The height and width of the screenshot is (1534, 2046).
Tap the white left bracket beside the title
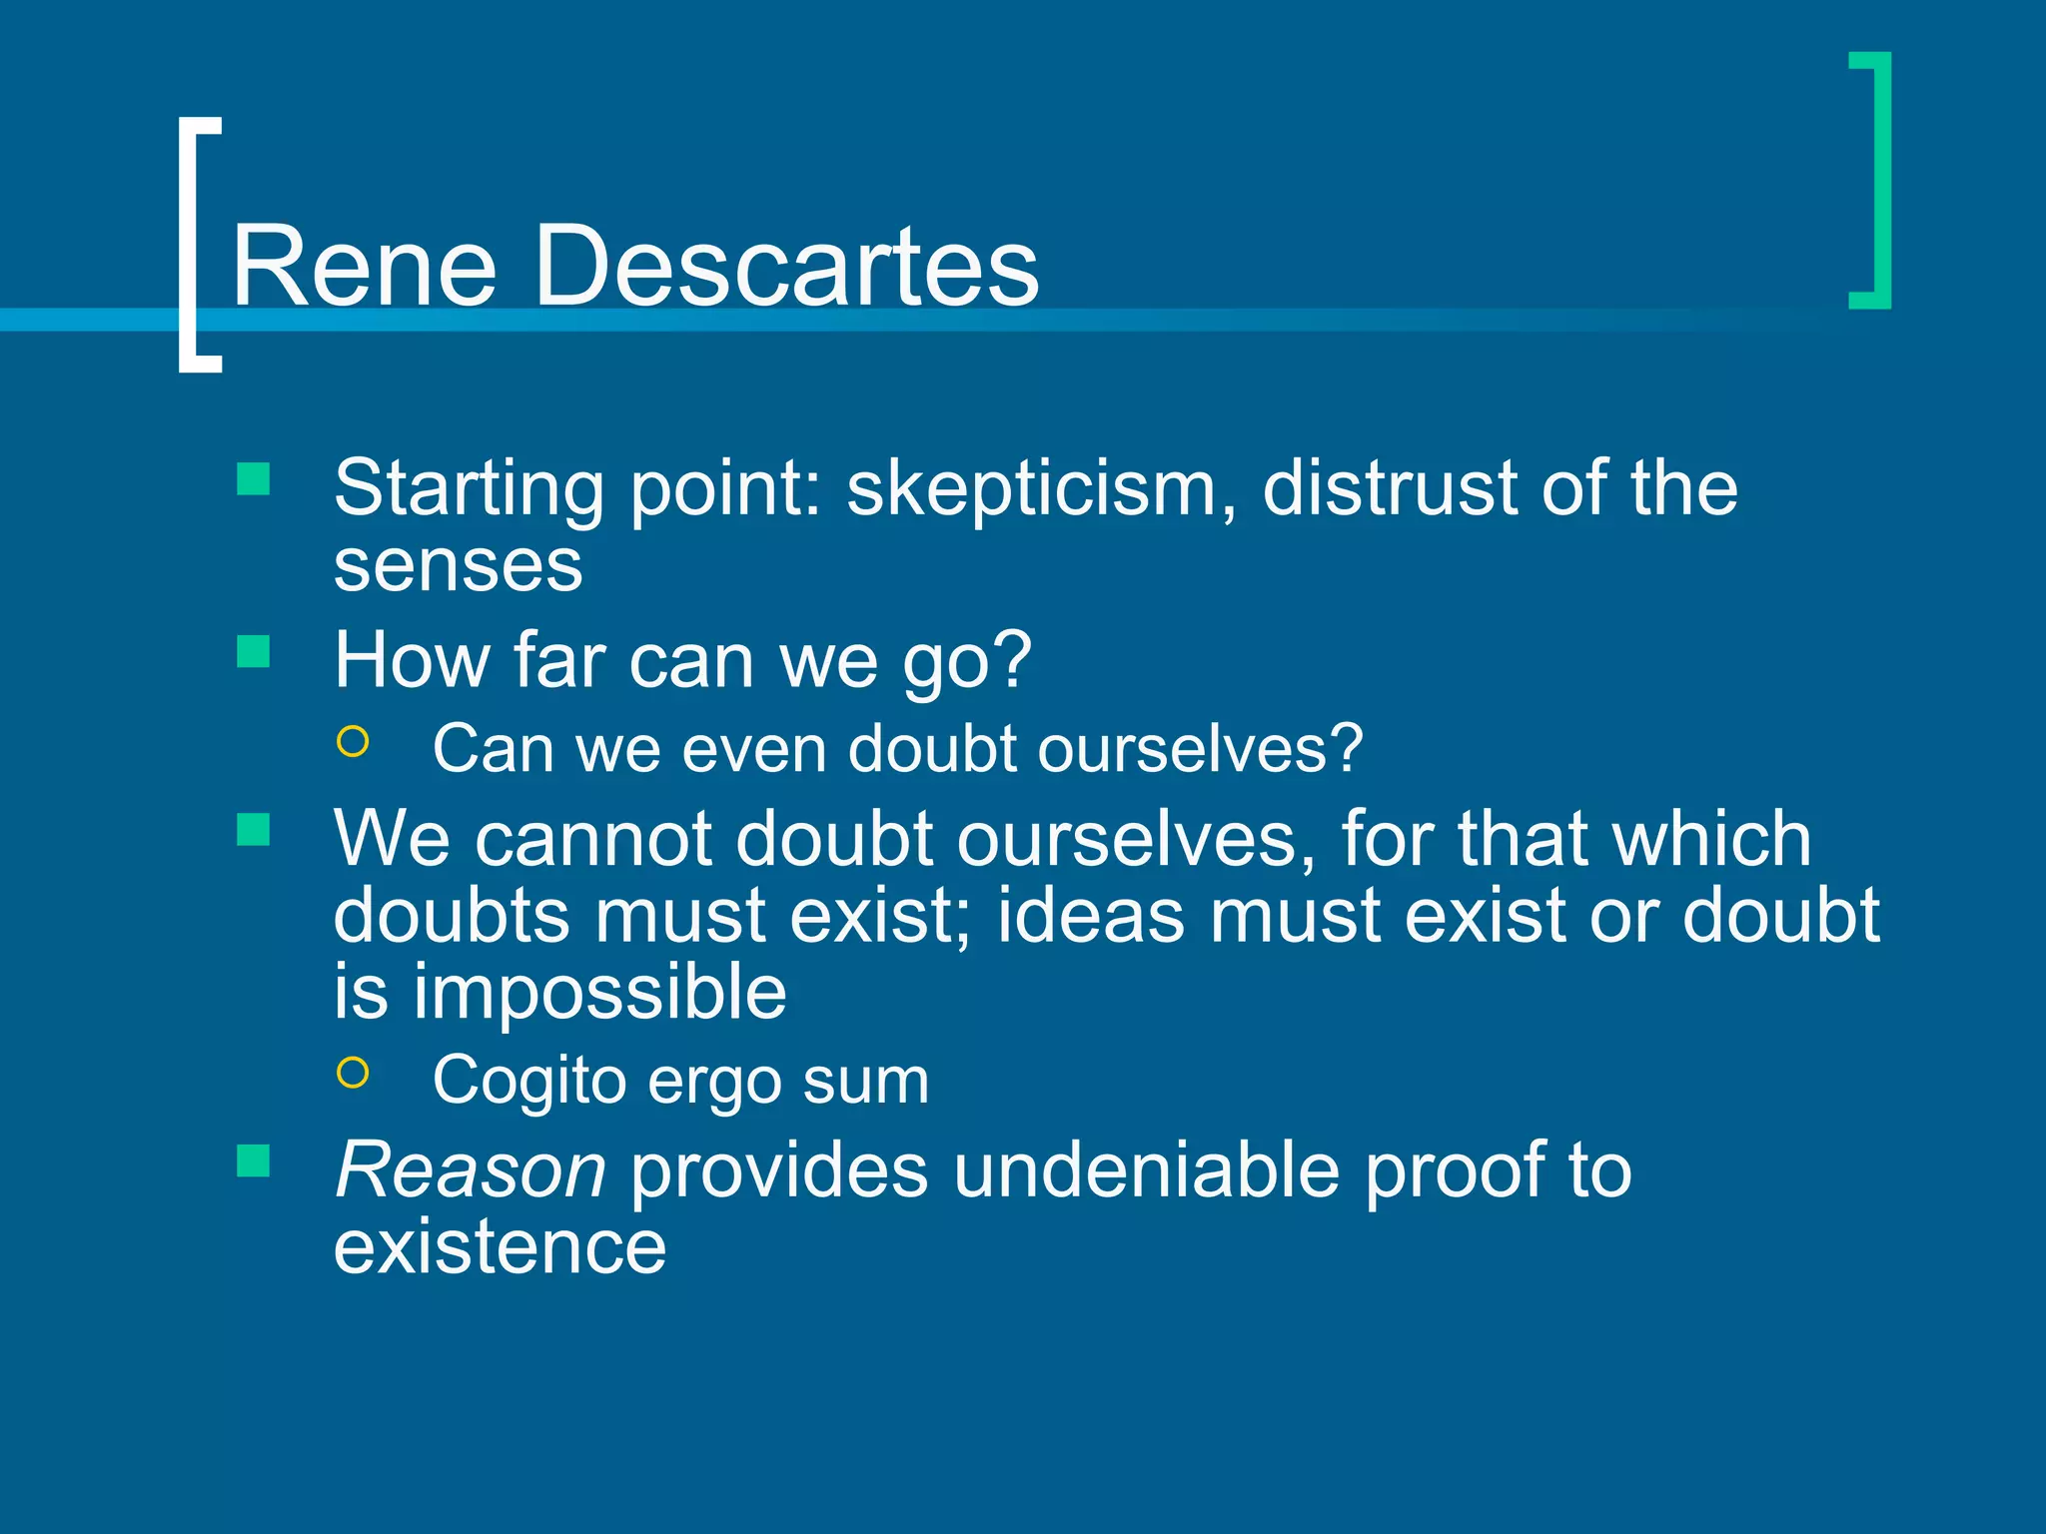click(x=190, y=245)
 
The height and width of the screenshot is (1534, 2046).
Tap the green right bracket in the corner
click(x=1879, y=180)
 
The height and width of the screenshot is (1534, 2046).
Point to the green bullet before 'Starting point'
click(x=254, y=479)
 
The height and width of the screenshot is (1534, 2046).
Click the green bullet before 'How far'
click(x=254, y=652)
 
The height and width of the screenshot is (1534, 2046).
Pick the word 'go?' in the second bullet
click(x=966, y=662)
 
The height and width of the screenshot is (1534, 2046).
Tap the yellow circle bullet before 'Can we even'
click(x=354, y=742)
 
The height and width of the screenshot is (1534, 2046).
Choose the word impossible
click(x=599, y=993)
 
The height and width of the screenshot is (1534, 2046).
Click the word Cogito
click(x=528, y=1082)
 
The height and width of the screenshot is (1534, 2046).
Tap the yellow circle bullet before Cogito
click(x=354, y=1073)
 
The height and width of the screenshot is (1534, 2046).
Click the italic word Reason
click(x=471, y=1170)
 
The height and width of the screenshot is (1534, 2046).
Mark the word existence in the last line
click(x=500, y=1247)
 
